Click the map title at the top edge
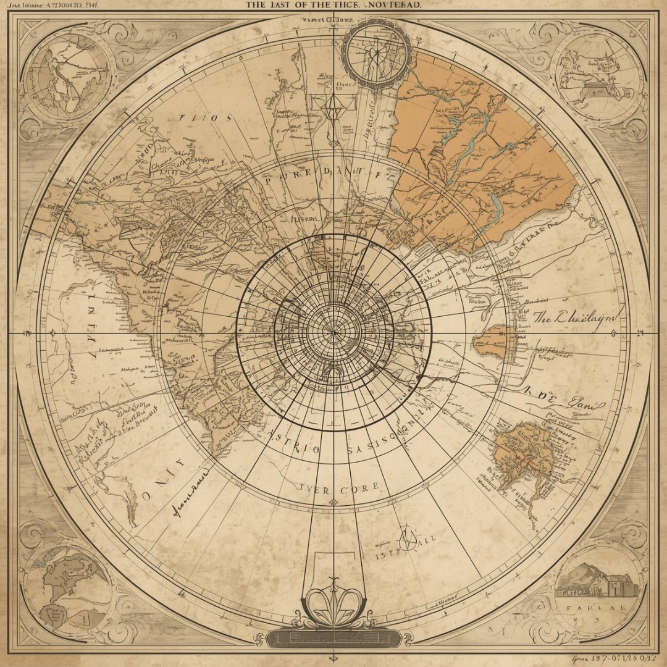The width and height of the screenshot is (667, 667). [333, 5]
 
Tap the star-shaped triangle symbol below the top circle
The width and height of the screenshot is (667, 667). [333, 109]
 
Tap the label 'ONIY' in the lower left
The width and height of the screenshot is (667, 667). [163, 478]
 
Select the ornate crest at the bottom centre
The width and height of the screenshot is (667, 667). [333, 602]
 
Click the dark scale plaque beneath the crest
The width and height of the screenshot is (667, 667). [333, 637]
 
